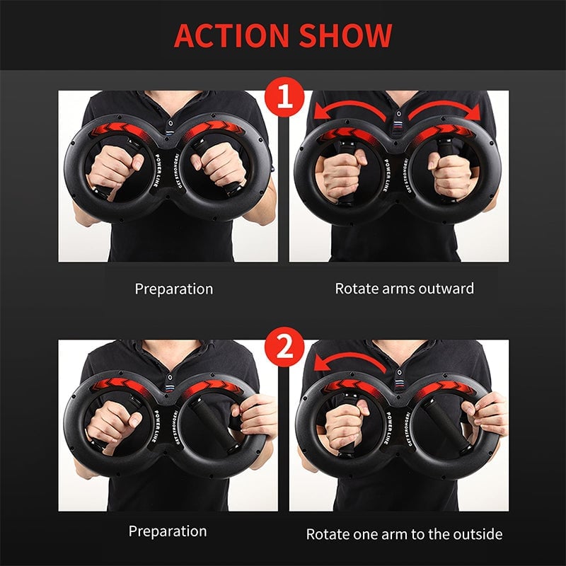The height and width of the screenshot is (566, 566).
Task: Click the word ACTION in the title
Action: (x=231, y=35)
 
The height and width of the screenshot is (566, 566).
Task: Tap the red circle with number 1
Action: (x=283, y=100)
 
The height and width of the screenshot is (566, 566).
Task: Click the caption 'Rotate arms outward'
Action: (x=404, y=289)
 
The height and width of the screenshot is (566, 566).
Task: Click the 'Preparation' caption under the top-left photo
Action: (x=173, y=289)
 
